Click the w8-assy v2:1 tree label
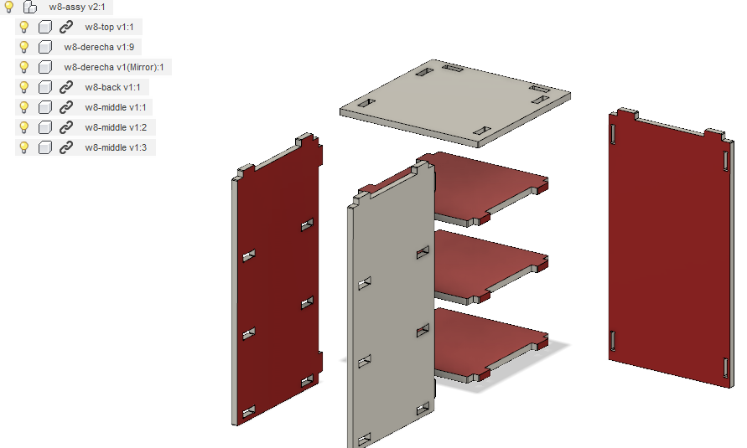coord(76,8)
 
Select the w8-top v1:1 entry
coord(109,27)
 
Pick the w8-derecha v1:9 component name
coord(99,47)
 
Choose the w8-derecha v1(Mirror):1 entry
coord(114,67)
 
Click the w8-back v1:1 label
coord(112,88)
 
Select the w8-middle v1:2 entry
coord(116,127)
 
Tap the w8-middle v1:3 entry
coord(116,147)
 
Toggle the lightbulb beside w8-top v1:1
coord(23,27)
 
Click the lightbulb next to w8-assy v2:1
coord(8,7)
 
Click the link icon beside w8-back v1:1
coord(65,87)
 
